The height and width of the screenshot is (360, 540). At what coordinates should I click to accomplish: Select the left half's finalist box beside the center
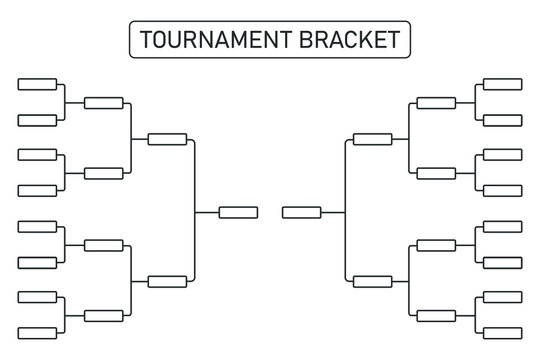238,211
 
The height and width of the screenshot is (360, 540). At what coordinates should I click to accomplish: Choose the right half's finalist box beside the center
302,211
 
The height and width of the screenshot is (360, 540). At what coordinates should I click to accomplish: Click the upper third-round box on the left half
167,139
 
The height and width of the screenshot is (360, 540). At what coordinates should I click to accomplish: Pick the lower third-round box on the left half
167,281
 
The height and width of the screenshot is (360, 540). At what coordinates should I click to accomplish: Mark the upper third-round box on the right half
373,139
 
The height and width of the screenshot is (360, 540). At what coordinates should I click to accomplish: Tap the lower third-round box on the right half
373,281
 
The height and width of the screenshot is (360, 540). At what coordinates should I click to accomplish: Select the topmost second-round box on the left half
104,102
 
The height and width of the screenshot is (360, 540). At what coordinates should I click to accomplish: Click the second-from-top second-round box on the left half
104,173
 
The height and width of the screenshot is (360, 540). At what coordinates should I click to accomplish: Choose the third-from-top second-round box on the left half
104,245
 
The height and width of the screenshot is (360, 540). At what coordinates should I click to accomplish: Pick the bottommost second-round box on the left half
104,316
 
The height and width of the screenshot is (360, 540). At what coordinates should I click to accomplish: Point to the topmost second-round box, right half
436,102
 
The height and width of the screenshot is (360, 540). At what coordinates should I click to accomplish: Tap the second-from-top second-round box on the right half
436,173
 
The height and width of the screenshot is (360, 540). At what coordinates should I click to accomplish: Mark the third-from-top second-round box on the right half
436,245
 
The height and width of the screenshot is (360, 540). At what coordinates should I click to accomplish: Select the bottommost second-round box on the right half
436,316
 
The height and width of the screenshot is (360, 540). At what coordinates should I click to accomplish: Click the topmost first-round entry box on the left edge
38,84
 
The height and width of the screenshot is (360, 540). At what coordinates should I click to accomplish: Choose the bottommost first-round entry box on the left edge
38,333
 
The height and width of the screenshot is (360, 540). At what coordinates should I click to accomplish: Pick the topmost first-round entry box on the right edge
502,84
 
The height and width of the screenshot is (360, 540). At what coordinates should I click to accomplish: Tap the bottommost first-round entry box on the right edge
502,333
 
